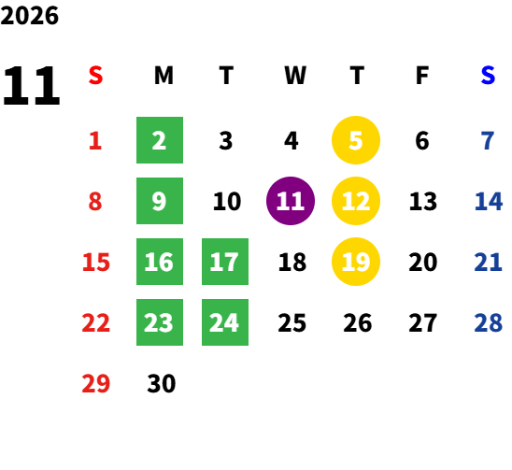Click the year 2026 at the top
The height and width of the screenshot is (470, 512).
pos(29,16)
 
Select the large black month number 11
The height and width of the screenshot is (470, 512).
pos(32,86)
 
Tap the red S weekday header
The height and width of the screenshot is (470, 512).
pos(95,76)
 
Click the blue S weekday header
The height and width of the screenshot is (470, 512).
pos(488,76)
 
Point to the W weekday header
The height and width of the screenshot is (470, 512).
pos(295,76)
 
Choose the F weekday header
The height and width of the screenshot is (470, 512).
pos(422,76)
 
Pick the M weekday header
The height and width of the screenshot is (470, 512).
pos(164,76)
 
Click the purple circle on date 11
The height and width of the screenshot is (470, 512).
pos(291,201)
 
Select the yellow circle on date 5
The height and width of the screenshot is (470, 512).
pos(356,140)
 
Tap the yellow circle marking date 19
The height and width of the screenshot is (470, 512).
pos(356,262)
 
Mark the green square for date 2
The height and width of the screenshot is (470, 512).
pos(160,140)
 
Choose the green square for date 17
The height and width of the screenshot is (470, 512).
pos(225,262)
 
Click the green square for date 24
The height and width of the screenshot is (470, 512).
pos(225,322)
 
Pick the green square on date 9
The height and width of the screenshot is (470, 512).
pos(160,201)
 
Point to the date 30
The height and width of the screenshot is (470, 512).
pos(162,383)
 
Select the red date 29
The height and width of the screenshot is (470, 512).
pos(95,383)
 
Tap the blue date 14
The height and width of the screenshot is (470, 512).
pos(488,201)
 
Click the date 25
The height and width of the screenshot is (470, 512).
pos(292,322)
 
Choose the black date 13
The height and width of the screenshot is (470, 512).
pos(423,201)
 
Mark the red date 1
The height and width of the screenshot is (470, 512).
pos(95,141)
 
